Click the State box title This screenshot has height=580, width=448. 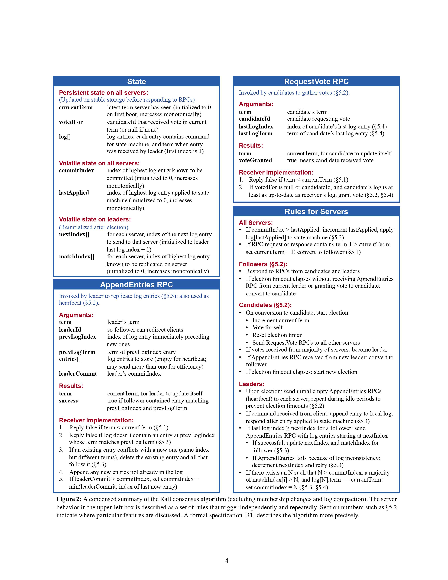[x=136, y=82]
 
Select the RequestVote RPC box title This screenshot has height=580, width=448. [x=316, y=82]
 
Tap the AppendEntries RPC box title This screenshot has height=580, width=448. [x=136, y=285]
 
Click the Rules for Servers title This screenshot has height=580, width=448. [x=316, y=212]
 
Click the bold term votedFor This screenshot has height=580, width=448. [x=71, y=122]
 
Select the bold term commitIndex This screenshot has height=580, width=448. [x=76, y=170]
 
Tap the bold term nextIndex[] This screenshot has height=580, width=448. [x=74, y=234]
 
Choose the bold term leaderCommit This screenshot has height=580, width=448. [x=78, y=374]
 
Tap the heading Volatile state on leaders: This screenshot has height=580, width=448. [x=95, y=219]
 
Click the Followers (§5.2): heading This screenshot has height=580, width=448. [x=263, y=264]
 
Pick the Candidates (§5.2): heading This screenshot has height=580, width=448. [x=265, y=305]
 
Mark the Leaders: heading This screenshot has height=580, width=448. [x=251, y=384]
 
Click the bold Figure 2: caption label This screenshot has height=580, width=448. [x=69, y=499]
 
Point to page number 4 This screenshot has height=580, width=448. [x=226, y=561]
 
